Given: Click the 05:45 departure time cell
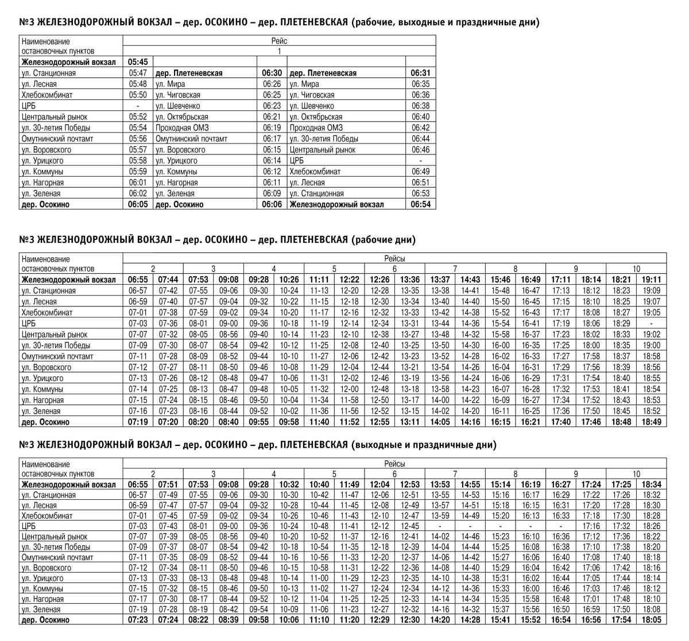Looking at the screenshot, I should click(x=138, y=62).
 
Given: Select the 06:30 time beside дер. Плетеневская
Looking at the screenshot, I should click(x=272, y=73).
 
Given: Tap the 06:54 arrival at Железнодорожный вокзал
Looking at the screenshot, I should click(x=421, y=204).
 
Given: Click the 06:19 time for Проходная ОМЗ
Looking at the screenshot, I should click(x=272, y=128).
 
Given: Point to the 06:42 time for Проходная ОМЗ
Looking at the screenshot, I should click(x=421, y=128).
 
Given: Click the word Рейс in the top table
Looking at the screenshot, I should click(x=279, y=41).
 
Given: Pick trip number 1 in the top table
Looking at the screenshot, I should click(x=279, y=51).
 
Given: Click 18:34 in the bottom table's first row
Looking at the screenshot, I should click(x=651, y=484).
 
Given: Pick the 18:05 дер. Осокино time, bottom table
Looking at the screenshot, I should click(x=651, y=620).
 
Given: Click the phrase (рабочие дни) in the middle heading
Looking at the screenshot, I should click(x=383, y=239).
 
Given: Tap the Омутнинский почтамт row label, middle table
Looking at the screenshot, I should click(x=57, y=356).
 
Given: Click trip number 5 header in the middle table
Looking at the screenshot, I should click(x=334, y=269).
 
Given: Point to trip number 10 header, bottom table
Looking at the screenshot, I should click(x=636, y=474).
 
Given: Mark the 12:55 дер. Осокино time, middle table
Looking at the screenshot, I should click(x=380, y=422).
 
